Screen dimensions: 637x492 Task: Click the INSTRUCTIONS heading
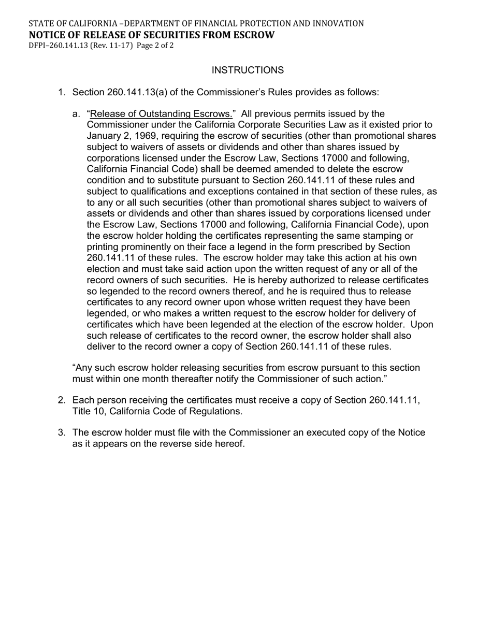tap(248, 70)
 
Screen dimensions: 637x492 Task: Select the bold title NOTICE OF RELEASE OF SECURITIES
tap(151, 35)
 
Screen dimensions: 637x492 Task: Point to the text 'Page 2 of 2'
tap(155, 46)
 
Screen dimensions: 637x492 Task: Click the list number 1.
tap(62, 92)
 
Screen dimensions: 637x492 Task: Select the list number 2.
tap(62, 400)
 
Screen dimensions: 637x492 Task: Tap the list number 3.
tap(62, 432)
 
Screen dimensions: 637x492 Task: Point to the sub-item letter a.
tap(77, 114)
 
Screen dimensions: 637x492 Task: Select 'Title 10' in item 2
tap(89, 412)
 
